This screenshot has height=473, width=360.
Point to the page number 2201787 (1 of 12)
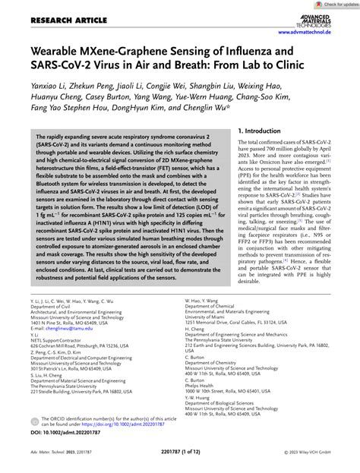(180, 459)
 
